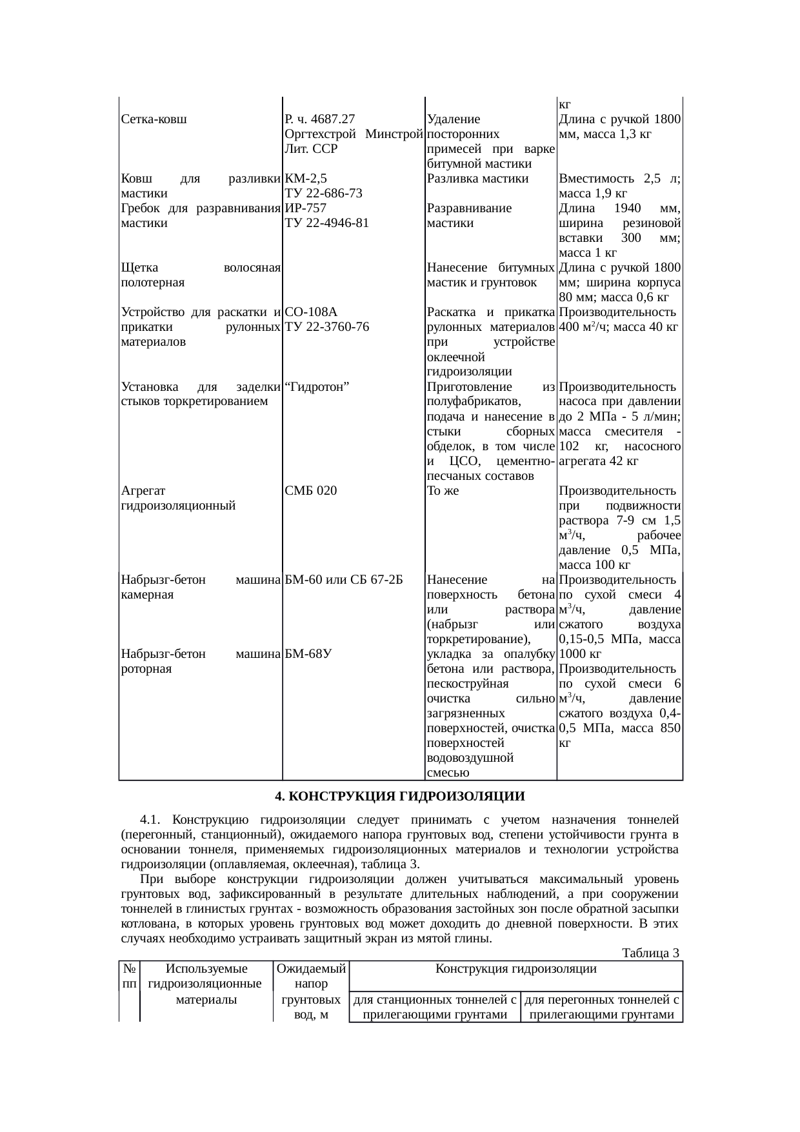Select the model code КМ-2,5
[306, 179]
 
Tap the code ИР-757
[305, 208]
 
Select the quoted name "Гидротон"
[317, 386]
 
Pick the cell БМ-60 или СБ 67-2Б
[343, 579]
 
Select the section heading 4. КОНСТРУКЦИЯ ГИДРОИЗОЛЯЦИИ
[400, 797]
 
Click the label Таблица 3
[650, 953]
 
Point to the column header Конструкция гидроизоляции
[515, 968]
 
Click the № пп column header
[129, 976]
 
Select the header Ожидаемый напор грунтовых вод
[312, 991]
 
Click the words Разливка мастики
[477, 179]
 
